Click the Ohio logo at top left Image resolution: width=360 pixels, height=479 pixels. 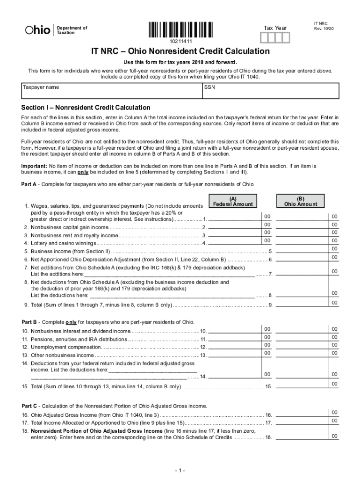point(37,30)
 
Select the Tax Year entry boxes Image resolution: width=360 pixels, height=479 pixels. point(279,37)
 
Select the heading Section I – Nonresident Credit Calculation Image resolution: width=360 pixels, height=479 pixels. point(86,108)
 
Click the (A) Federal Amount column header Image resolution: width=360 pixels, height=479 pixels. point(232,201)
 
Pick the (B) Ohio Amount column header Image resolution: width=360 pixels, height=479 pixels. point(300,201)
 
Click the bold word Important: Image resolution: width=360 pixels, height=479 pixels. point(34,166)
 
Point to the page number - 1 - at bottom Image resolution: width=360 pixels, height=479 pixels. point(180,470)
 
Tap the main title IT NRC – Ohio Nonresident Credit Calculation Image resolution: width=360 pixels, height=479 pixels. point(180,51)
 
